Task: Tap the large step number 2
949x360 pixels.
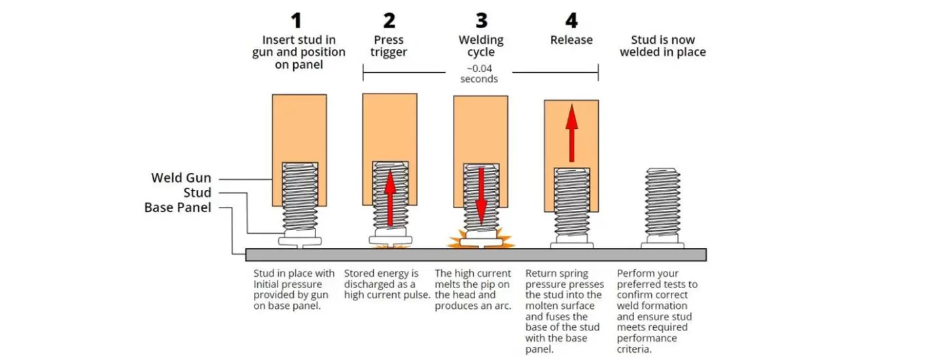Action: coord(389,21)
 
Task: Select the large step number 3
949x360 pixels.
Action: coord(480,21)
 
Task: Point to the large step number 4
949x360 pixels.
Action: coord(571,21)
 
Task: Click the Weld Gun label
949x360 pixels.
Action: coord(181,178)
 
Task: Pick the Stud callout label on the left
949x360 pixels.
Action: coord(197,192)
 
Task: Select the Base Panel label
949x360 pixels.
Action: coord(177,207)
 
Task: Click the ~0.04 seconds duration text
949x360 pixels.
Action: coord(480,74)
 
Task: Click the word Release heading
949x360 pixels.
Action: coord(571,40)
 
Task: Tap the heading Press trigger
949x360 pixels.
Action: coord(389,46)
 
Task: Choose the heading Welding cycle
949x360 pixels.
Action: coord(480,46)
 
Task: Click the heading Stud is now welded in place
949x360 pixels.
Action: coord(662,46)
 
